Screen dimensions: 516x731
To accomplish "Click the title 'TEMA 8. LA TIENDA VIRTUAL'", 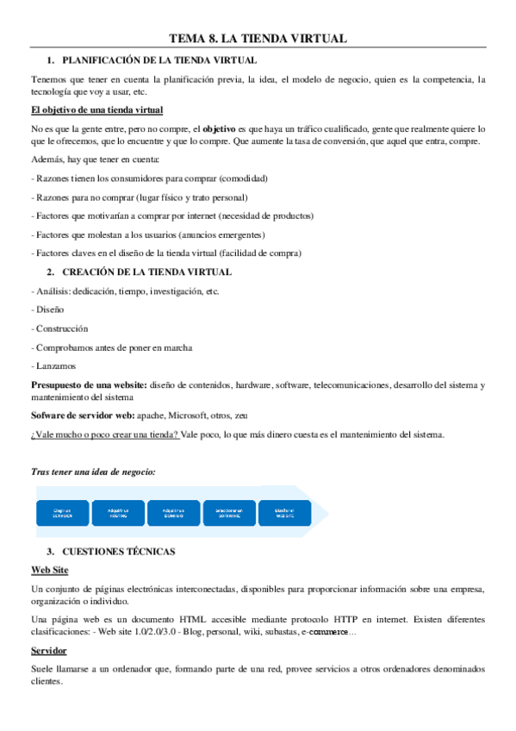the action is click(258, 39).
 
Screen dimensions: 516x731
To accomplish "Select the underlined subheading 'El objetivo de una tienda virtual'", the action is click(96, 110).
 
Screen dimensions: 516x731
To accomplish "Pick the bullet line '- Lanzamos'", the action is click(53, 366).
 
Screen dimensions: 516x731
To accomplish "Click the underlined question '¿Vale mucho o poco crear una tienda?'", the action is click(104, 434).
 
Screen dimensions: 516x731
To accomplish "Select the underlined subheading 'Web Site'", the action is click(50, 570).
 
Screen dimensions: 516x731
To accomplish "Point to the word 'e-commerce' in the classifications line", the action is click(324, 633).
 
